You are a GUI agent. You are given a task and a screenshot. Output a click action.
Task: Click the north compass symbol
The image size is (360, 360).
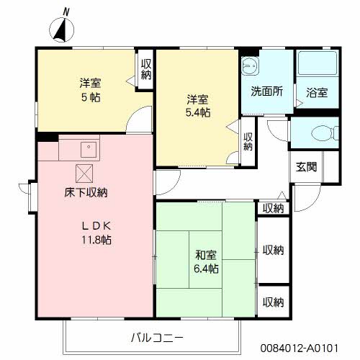61,30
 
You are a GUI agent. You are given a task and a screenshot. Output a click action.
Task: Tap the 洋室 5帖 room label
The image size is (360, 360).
90,90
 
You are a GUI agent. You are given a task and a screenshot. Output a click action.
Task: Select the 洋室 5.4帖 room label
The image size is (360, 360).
198,106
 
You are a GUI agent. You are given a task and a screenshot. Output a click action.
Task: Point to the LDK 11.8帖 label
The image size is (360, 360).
96,233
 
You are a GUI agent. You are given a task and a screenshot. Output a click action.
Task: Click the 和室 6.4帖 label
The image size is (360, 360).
206,261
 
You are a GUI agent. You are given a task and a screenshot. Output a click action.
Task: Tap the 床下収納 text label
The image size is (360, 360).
86,192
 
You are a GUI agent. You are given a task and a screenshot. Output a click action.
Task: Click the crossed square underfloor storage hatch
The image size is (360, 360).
84,174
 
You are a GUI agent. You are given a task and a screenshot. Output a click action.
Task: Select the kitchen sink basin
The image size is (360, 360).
89,150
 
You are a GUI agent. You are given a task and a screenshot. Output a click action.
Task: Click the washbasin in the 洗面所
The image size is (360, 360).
250,65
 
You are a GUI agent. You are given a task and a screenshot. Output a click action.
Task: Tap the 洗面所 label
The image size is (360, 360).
267,91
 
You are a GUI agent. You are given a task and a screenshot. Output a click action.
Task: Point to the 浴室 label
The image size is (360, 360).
317,92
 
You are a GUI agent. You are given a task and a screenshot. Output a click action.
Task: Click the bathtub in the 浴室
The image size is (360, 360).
318,63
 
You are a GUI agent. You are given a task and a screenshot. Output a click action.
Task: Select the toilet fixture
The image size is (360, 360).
325,132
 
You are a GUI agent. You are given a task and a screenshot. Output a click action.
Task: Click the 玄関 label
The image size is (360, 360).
306,167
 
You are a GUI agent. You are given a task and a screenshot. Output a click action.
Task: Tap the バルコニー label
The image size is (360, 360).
157,338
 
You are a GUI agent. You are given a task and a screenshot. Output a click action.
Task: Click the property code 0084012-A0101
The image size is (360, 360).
300,348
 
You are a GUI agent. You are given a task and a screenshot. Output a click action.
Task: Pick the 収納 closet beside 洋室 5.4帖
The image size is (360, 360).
248,142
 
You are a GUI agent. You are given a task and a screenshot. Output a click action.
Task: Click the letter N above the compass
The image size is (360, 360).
66,12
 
